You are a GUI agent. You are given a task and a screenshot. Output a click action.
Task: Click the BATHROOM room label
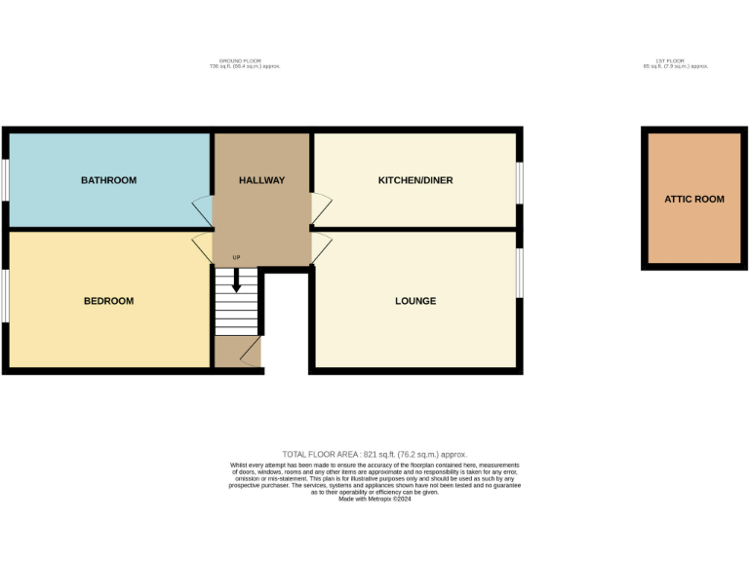108,180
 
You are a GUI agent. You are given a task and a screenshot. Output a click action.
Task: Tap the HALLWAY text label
261,180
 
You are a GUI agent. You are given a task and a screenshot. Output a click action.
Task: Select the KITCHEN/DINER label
415,180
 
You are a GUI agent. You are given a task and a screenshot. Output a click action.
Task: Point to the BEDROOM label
108,301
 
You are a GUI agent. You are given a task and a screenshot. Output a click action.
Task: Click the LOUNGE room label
415,301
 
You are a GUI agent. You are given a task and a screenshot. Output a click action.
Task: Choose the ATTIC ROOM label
694,199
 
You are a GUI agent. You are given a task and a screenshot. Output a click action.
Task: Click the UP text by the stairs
236,257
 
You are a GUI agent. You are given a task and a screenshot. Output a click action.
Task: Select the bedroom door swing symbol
202,247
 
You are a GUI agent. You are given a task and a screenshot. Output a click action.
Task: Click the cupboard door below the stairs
250,352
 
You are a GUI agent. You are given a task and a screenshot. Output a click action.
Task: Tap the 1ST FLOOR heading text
674,60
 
